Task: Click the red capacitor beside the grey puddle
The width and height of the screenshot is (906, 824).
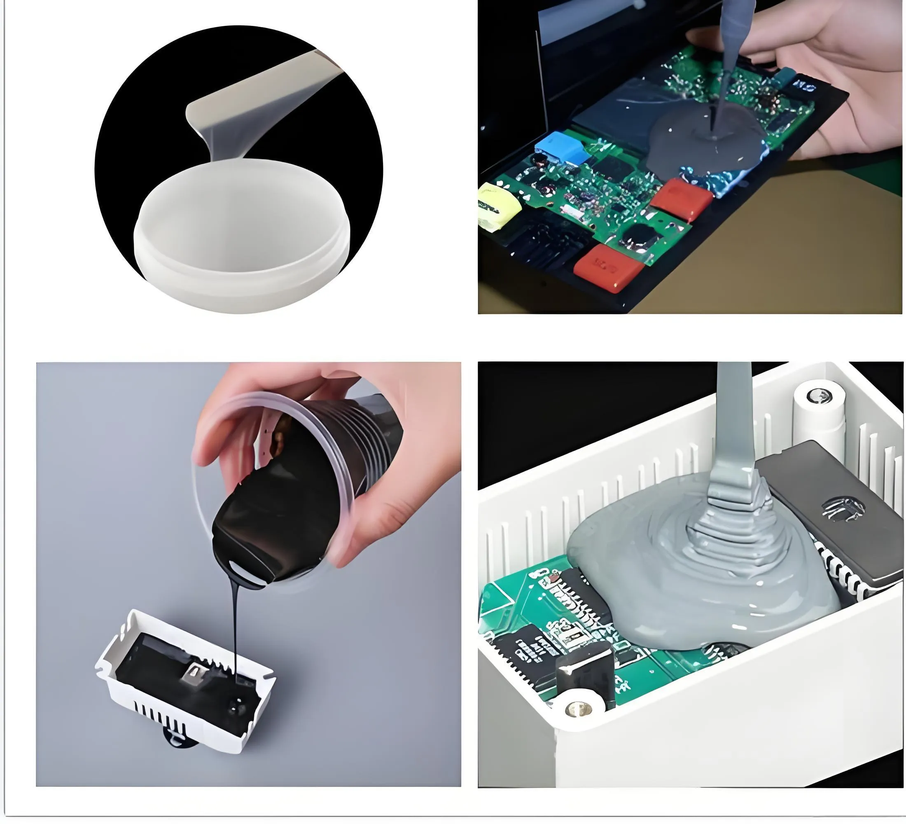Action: [x=681, y=199]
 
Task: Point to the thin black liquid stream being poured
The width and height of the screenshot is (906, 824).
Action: [x=235, y=630]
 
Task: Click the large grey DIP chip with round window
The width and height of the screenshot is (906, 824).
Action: [x=831, y=517]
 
